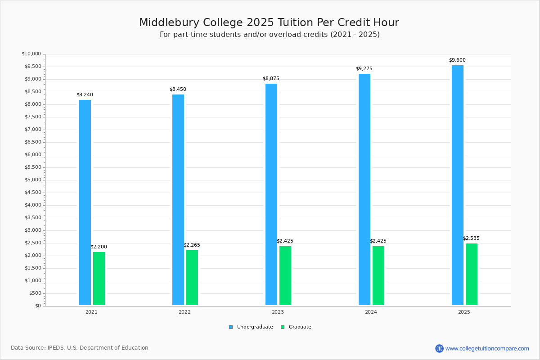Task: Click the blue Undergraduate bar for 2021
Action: coord(85,202)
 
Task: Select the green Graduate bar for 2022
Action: coord(192,278)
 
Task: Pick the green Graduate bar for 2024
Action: coord(378,275)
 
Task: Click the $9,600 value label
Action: coord(457,60)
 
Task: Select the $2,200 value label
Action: coord(99,247)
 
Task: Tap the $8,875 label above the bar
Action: coord(271,79)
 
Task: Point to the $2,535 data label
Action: coord(471,238)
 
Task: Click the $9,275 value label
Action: coord(364,69)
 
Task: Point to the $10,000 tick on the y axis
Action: coord(31,54)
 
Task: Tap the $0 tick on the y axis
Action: coord(37,306)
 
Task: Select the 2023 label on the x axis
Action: coord(278,312)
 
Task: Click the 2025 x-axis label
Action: coord(464,312)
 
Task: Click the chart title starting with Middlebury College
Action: coord(269,22)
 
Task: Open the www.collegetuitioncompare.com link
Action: coord(487,348)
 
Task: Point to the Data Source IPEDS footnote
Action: coord(80,348)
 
